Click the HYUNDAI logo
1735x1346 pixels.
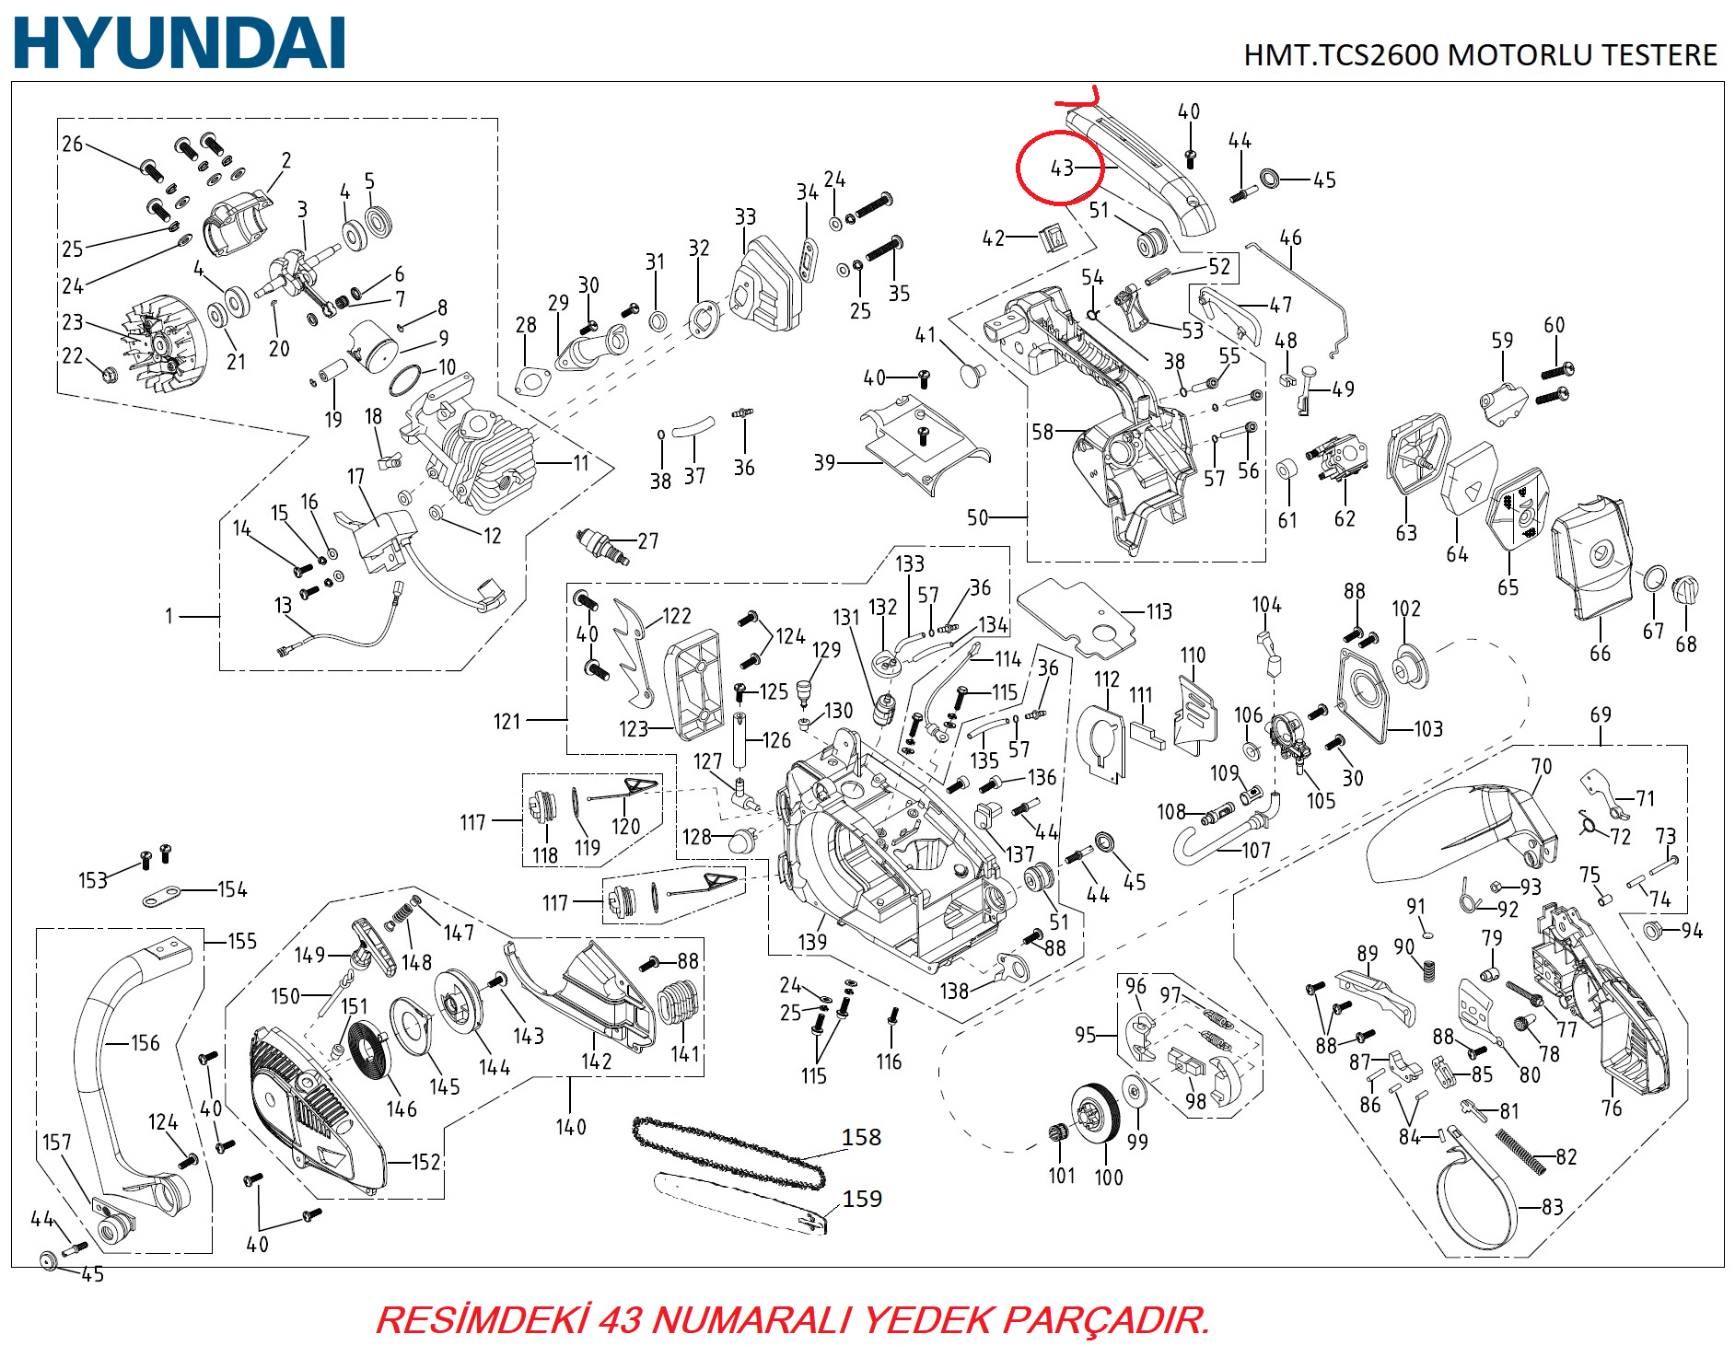pyautogui.click(x=180, y=43)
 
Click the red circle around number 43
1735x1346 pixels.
pyautogui.click(x=1059, y=167)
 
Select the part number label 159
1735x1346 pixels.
pyautogui.click(x=862, y=1198)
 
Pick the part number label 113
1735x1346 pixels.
pyautogui.click(x=1159, y=611)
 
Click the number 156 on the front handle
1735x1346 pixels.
pyautogui.click(x=145, y=1043)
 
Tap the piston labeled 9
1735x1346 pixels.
pyautogui.click(x=378, y=344)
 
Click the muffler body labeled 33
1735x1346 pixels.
pyautogui.click(x=763, y=282)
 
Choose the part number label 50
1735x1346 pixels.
pyautogui.click(x=977, y=517)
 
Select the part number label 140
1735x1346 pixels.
pyautogui.click(x=570, y=1126)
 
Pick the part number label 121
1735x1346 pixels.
pyautogui.click(x=507, y=721)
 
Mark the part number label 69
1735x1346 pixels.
pyautogui.click(x=1601, y=714)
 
